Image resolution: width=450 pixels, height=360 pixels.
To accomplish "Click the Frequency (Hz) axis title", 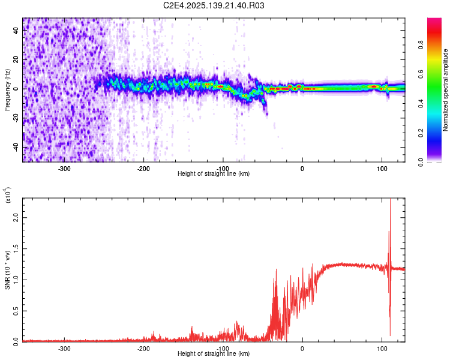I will [x=7, y=90].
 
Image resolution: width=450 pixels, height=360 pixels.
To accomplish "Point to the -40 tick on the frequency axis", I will [x=16, y=147].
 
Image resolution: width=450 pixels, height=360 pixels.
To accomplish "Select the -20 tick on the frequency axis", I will [x=16, y=118].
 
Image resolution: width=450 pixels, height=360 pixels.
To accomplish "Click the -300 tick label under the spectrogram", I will [x=64, y=168].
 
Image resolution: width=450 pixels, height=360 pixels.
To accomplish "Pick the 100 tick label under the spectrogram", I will [x=382, y=168].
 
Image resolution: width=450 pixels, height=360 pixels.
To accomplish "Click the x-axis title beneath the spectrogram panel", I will [x=214, y=173].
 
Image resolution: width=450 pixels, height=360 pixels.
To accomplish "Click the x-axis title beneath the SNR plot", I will [x=214, y=353].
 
